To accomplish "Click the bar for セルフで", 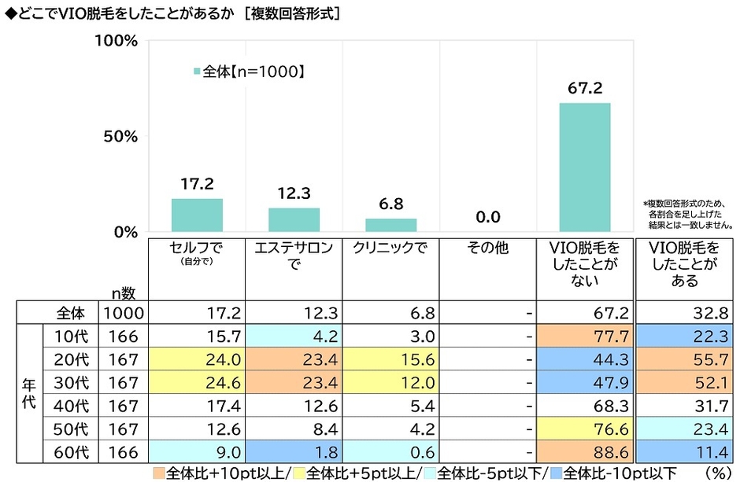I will [197, 215].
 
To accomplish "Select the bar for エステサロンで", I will [294, 220].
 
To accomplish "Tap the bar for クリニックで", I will [390, 225].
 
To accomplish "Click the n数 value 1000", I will [122, 313].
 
